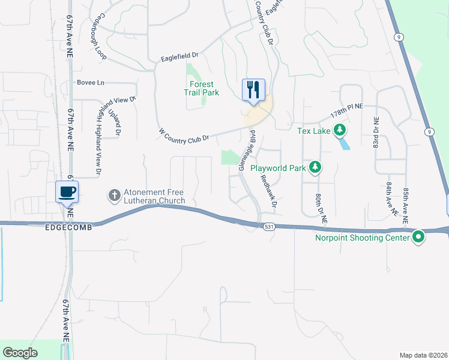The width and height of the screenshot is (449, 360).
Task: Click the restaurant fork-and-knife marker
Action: (x=253, y=90)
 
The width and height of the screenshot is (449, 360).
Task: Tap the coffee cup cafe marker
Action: (x=67, y=192)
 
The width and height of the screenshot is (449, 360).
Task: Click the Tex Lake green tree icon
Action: (x=340, y=130)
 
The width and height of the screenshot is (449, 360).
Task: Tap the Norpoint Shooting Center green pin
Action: (x=418, y=238)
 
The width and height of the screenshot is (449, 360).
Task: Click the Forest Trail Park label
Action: (x=201, y=88)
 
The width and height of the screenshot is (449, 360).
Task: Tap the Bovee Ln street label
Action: (x=91, y=82)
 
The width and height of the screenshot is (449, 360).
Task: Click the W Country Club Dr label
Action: (x=184, y=135)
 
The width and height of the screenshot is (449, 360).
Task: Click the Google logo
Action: (x=20, y=353)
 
